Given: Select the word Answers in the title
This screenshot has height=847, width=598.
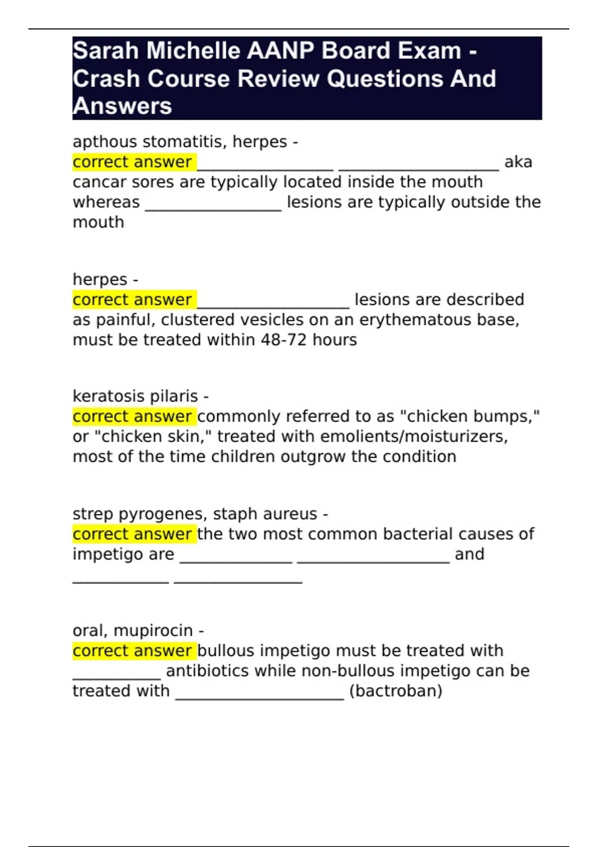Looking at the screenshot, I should click(x=122, y=106).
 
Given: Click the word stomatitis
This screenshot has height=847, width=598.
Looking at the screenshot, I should click(x=185, y=142).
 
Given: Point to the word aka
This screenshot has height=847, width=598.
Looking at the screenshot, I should click(x=518, y=162).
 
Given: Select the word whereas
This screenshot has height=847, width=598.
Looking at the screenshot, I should click(x=106, y=202).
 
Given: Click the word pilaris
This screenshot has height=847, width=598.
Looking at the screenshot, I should click(x=176, y=397).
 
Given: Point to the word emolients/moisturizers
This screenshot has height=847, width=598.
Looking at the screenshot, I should click(x=414, y=437).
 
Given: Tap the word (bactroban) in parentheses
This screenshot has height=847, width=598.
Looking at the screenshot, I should click(x=396, y=691).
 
